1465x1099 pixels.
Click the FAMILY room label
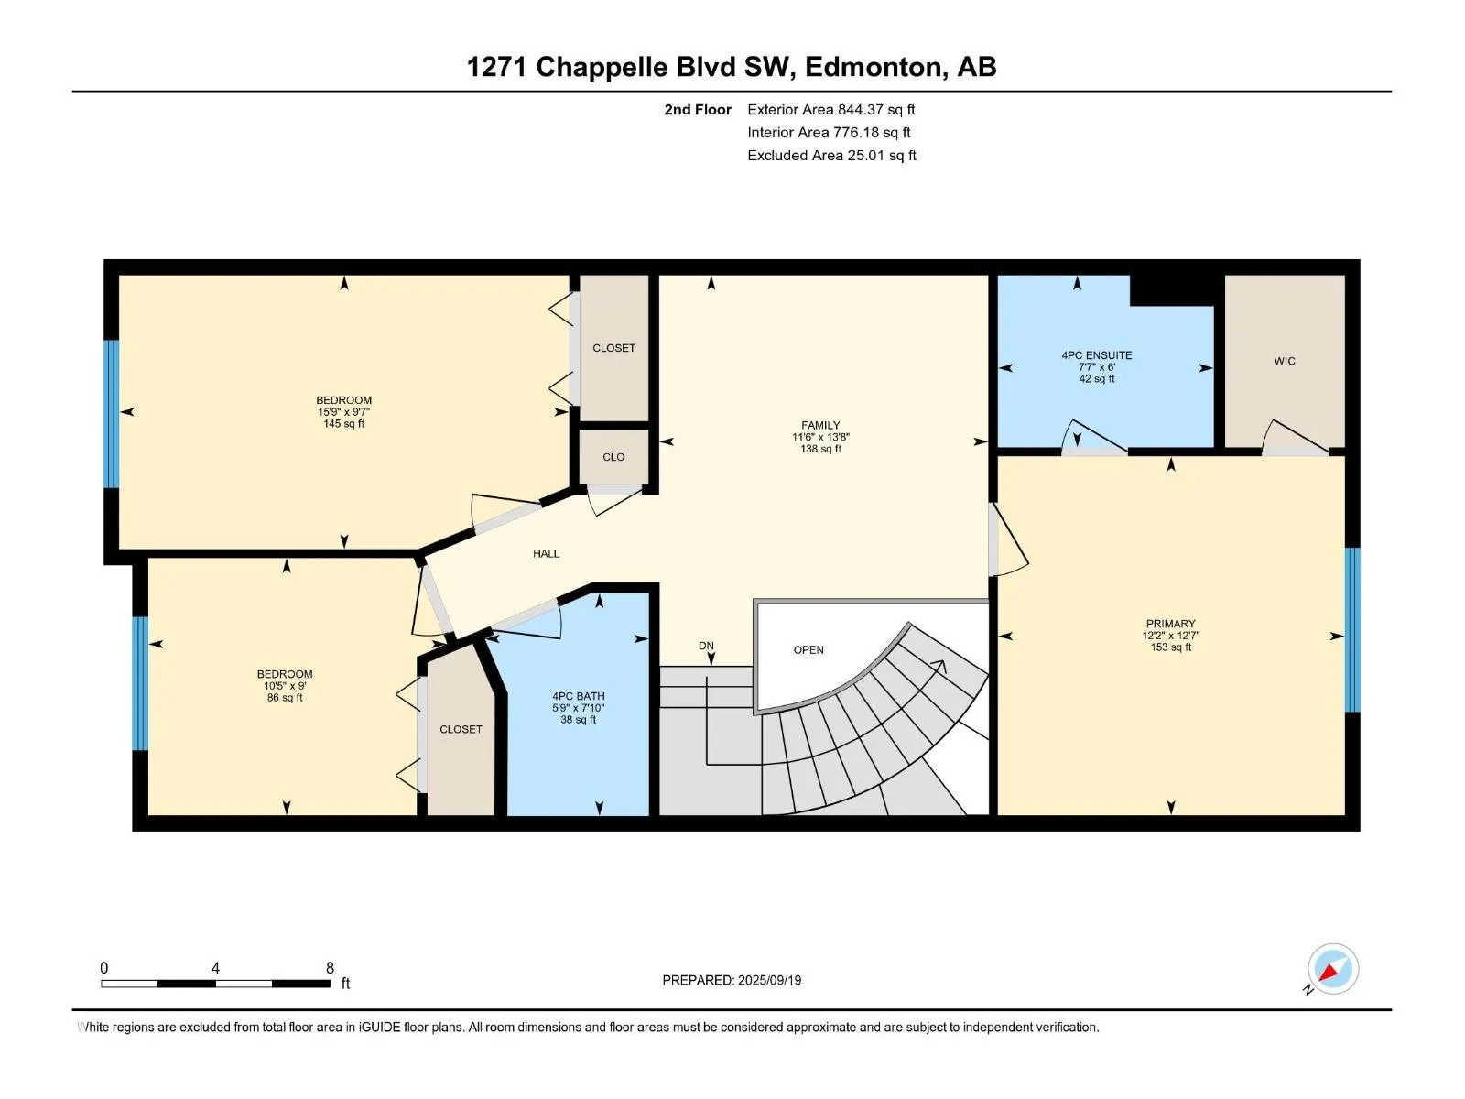coord(820,425)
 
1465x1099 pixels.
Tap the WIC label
coord(1284,361)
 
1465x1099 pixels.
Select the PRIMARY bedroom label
coord(1171,624)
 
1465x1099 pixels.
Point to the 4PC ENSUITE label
coord(1097,355)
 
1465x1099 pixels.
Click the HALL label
coord(546,553)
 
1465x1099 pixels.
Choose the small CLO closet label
coord(613,457)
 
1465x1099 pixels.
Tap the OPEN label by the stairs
coord(808,650)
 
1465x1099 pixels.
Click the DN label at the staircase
coord(706,646)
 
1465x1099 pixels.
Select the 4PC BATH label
coord(578,696)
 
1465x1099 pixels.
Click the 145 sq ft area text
coord(343,424)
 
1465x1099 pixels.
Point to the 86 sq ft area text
coord(285,698)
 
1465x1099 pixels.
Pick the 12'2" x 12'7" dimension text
coord(1171,636)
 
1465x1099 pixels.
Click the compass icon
coord(1333,969)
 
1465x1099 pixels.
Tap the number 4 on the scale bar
coord(215,967)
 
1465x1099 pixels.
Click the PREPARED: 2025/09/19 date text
coord(732,980)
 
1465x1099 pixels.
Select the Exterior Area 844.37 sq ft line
coord(831,109)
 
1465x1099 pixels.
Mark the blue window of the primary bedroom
coord(1352,630)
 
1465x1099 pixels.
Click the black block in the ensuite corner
coord(1172,290)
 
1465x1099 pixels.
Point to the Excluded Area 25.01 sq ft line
coord(831,156)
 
